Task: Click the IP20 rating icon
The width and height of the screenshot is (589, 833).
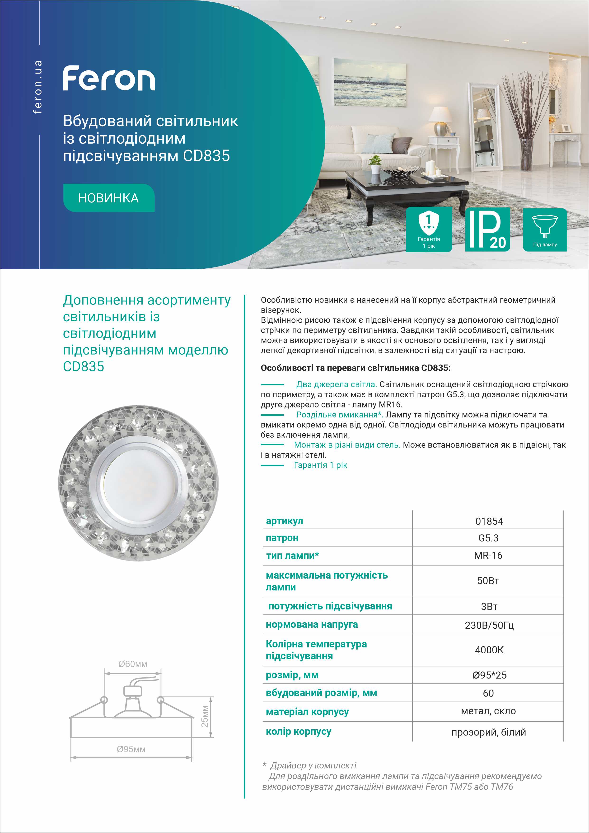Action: coord(487,229)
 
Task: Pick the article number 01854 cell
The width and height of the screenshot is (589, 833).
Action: coord(489,521)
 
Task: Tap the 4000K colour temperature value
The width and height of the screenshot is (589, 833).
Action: coord(489,650)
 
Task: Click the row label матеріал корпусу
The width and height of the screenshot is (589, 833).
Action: coord(307,712)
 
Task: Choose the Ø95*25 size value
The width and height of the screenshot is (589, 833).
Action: coord(489,675)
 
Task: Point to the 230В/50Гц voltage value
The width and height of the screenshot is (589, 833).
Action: coord(489,625)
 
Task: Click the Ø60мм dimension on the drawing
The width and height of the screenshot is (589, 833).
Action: coord(133,664)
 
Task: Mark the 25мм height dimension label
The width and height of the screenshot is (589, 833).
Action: coord(205,716)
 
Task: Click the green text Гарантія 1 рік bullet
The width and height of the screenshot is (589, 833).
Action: coord(320,465)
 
